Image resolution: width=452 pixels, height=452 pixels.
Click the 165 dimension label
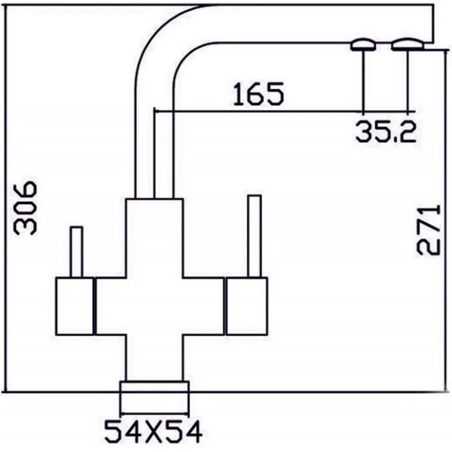(x=258, y=95)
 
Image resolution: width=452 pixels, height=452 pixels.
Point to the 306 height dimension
(x=26, y=207)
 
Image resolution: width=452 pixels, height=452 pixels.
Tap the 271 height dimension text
(x=427, y=229)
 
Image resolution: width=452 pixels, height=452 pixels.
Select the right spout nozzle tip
(x=408, y=44)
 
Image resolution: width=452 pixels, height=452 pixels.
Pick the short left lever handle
(x=75, y=252)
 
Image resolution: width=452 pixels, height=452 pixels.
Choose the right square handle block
(x=246, y=305)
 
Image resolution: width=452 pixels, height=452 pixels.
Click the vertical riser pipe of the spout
(x=154, y=143)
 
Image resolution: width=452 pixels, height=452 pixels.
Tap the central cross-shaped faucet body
(x=154, y=301)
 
